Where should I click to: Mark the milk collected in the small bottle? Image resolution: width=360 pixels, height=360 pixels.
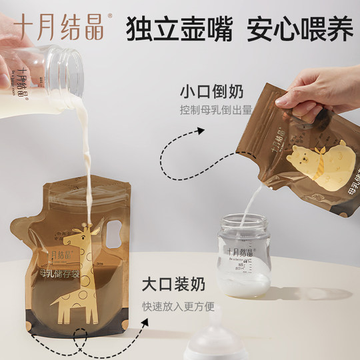(x=244, y=285)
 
